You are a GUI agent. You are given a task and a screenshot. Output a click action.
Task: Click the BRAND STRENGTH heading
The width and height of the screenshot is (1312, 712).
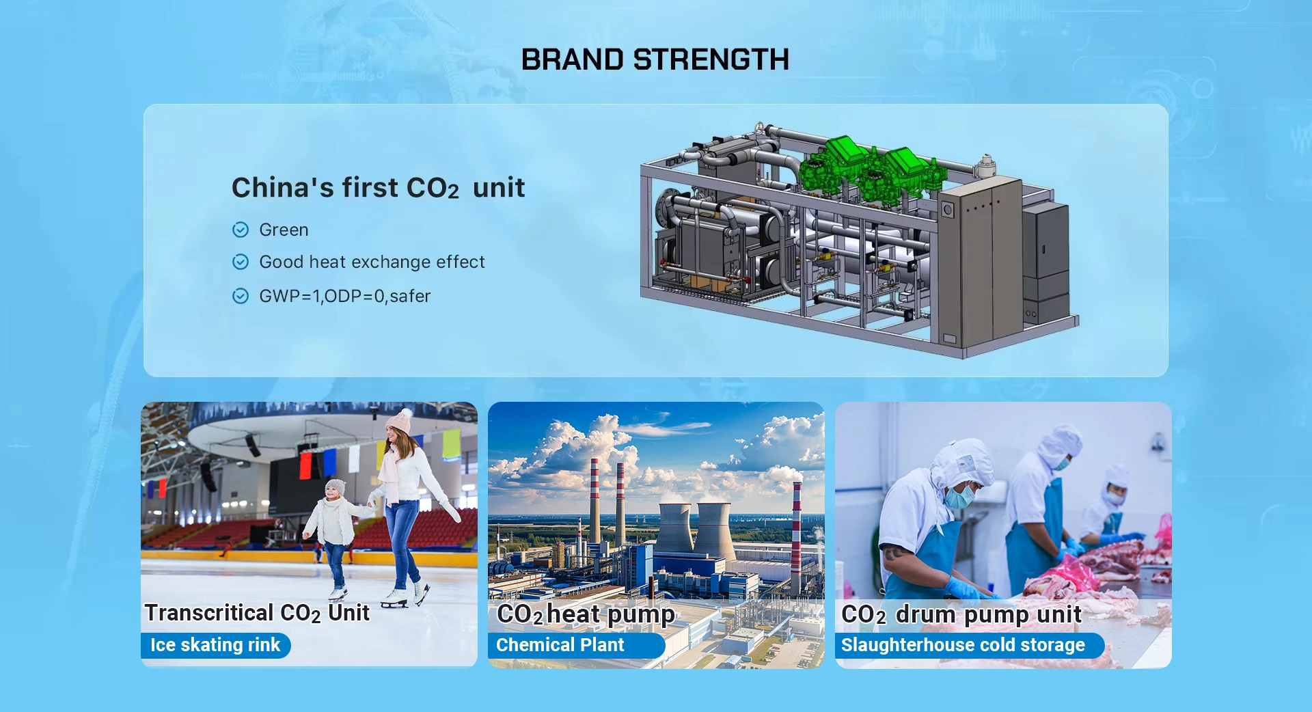pyautogui.click(x=655, y=59)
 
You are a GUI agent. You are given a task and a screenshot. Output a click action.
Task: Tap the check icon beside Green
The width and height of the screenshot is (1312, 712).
pyautogui.click(x=241, y=230)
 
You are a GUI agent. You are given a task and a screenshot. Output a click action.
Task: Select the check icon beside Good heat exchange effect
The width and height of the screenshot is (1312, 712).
pyautogui.click(x=241, y=262)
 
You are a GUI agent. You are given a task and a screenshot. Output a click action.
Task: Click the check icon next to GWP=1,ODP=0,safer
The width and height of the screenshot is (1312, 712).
pyautogui.click(x=241, y=296)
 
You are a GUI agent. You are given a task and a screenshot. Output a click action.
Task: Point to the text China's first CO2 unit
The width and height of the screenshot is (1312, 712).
pyautogui.click(x=378, y=187)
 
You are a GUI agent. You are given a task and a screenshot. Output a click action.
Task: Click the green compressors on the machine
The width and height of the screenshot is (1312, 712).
pyautogui.click(x=871, y=167)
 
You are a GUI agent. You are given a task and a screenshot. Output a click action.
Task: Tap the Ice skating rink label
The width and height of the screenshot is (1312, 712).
pyautogui.click(x=215, y=645)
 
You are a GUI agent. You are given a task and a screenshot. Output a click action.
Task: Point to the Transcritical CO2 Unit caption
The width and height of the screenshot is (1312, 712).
pyautogui.click(x=257, y=613)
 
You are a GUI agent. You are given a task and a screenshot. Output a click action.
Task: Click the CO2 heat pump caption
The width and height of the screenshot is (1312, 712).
pyautogui.click(x=586, y=614)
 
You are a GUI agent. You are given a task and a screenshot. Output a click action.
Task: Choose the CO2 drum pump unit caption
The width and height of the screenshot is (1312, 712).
pyautogui.click(x=961, y=614)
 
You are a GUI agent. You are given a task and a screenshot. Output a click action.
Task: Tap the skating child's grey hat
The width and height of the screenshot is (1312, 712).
pyautogui.click(x=335, y=487)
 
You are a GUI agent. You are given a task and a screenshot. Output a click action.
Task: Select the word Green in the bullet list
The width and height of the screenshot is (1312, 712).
pyautogui.click(x=284, y=230)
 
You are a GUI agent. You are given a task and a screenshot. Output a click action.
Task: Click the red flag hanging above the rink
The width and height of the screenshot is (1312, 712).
pyautogui.click(x=305, y=465)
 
